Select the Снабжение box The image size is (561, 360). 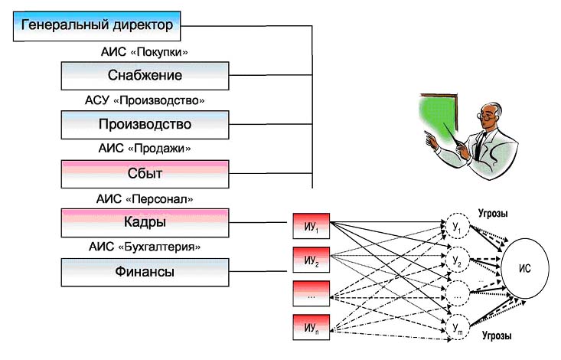coord(145,75)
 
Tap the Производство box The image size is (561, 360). coord(145,124)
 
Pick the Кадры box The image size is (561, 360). coord(145,222)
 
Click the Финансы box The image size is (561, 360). coord(145,271)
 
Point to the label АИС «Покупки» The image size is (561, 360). coord(145,52)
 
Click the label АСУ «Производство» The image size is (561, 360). coord(145,100)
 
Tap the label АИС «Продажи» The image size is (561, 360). coord(145,149)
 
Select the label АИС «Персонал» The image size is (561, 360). coord(145,198)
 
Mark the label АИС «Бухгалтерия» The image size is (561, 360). coord(145,247)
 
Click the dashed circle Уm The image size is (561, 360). coord(457,328)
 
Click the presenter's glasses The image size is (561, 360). coord(484,116)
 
